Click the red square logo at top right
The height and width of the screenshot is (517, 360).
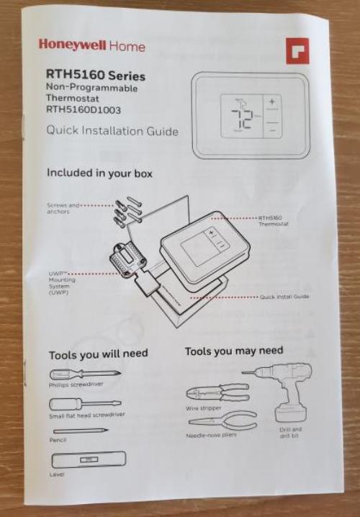(296, 50)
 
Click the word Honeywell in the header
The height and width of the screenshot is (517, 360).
(72, 45)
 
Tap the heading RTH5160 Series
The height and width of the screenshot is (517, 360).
(95, 76)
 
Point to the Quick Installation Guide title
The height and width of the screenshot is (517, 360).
(112, 131)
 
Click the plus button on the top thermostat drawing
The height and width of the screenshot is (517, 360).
(271, 103)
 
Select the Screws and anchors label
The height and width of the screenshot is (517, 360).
(63, 208)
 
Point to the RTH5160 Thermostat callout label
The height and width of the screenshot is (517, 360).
(271, 220)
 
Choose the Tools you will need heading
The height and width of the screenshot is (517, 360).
(98, 354)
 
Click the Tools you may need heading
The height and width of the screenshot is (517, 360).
(233, 351)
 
